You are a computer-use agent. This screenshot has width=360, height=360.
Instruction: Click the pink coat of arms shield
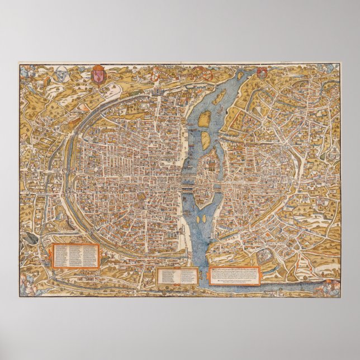click(x=98, y=77)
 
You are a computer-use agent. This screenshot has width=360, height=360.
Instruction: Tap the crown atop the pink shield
click(x=98, y=69)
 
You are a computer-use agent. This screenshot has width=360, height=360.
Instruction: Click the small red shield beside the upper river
click(x=262, y=73)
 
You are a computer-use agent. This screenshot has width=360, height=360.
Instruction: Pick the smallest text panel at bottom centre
click(x=177, y=275)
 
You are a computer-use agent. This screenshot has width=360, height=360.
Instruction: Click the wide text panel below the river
click(x=235, y=274)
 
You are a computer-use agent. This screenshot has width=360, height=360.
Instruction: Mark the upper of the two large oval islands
click(x=205, y=118)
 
